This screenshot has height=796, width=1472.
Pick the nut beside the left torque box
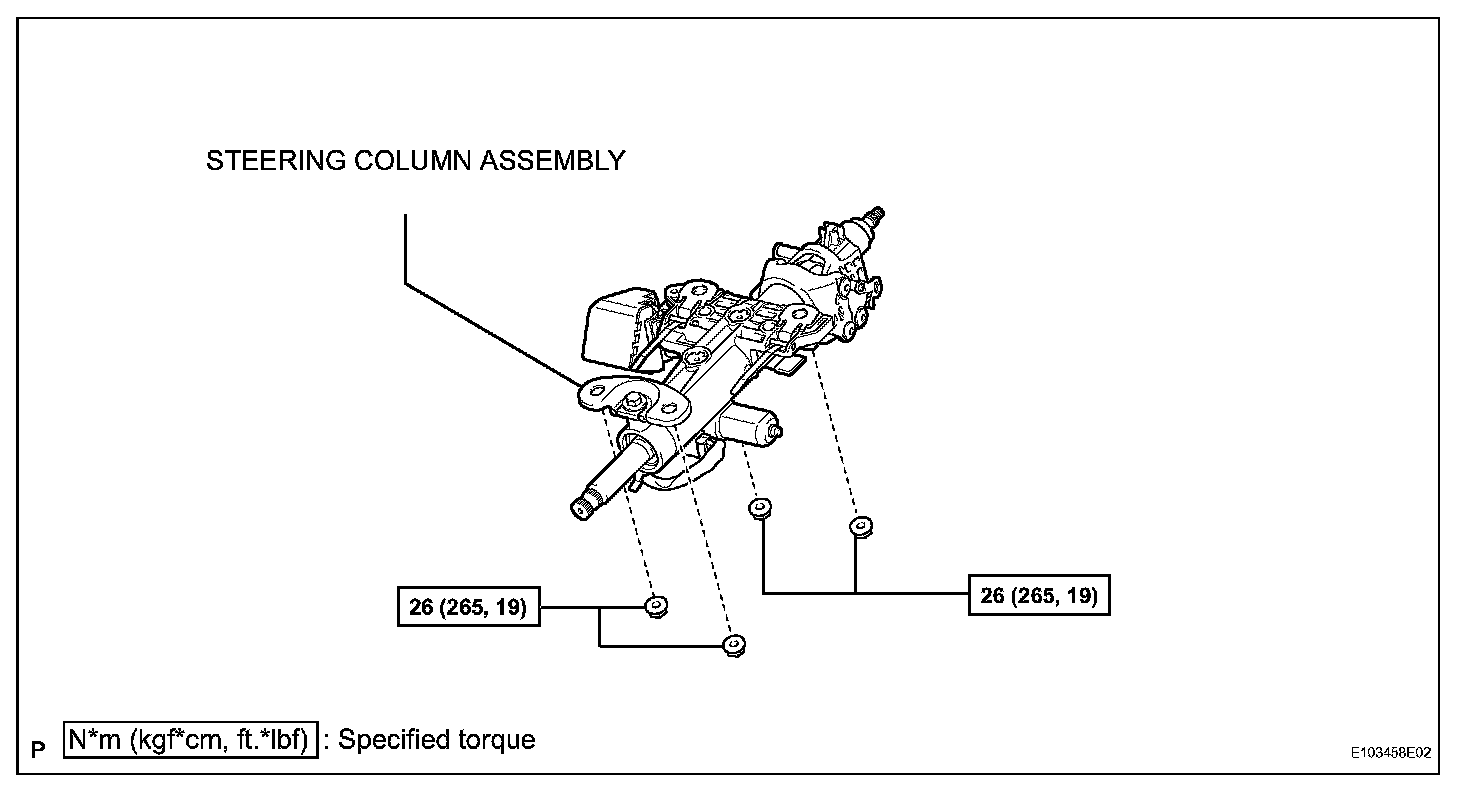656,606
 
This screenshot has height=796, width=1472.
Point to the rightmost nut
857,526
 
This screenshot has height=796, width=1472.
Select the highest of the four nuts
759,509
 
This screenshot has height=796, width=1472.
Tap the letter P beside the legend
38,748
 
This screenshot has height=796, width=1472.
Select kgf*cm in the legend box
181,741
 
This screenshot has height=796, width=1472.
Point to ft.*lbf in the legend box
271,741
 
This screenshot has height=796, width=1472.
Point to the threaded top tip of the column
877,213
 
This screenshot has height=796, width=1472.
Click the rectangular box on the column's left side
612,327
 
